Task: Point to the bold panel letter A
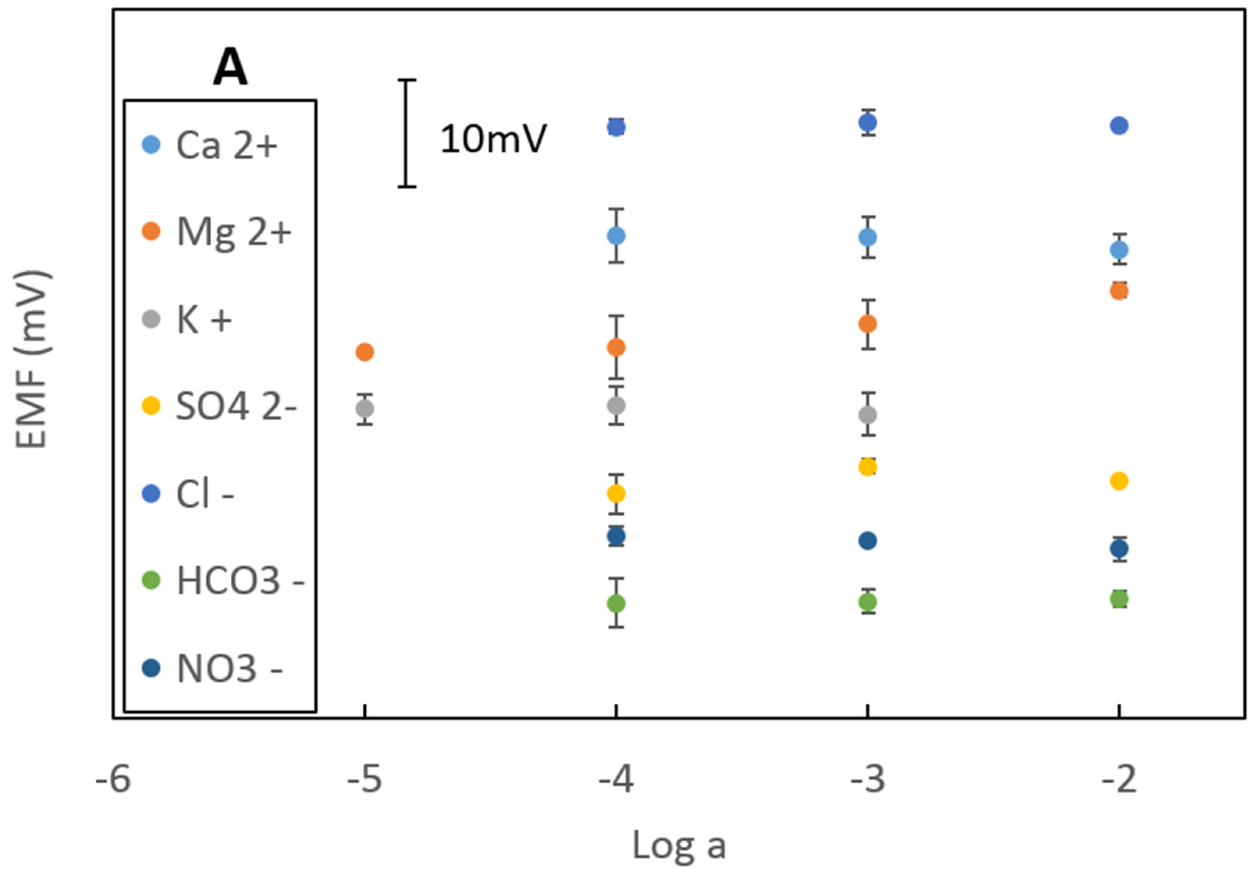230,67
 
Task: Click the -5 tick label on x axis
364,779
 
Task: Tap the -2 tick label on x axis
1118,779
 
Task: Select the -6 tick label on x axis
113,779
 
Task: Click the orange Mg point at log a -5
365,351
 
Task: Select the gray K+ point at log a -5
365,409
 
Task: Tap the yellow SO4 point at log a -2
1118,481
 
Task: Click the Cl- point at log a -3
867,122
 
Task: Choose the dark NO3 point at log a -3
867,541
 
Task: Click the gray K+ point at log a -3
867,415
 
